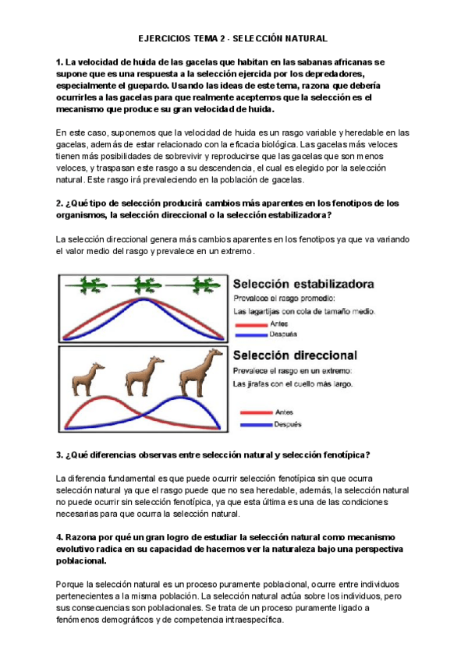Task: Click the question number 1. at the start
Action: click(x=60, y=62)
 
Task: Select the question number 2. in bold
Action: click(x=60, y=203)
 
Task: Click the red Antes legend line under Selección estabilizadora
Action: click(x=253, y=325)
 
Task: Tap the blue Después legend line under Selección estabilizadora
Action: click(x=253, y=334)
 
